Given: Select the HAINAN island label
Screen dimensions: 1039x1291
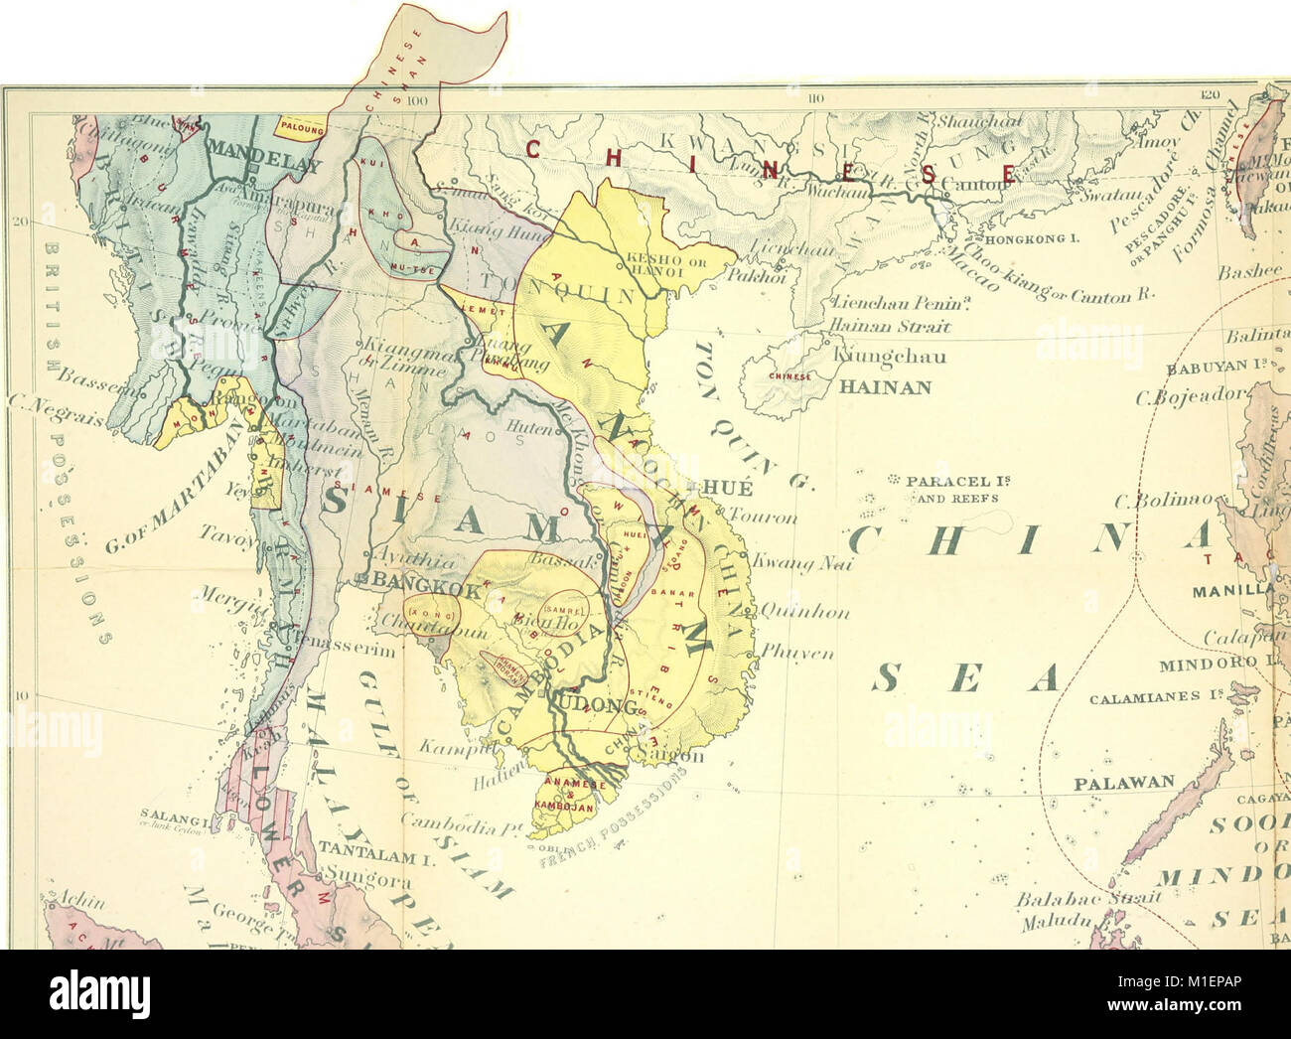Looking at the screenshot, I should pos(885,387).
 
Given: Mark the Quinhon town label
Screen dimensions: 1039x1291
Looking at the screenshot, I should pos(804,612).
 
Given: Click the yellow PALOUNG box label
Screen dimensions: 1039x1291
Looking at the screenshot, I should pos(303,126).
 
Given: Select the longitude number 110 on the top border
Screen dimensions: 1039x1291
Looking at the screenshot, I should pos(816,96).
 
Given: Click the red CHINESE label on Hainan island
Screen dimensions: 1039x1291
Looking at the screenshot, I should pos(789,376).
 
